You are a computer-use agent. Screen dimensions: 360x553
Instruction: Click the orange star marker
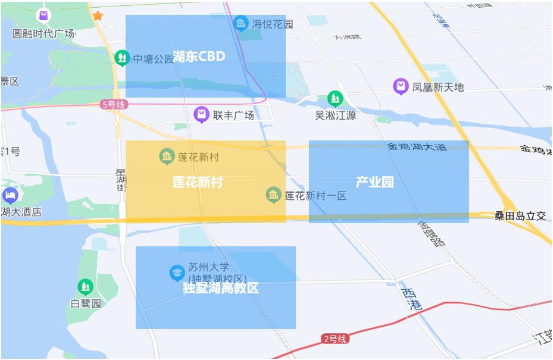click(x=97, y=16)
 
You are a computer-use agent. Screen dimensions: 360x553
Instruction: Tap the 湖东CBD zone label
click(x=199, y=57)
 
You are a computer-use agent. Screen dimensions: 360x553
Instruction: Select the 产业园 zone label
click(x=374, y=182)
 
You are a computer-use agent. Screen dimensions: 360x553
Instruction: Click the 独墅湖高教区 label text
click(x=221, y=289)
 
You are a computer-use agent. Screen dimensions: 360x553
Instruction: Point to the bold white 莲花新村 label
click(x=197, y=182)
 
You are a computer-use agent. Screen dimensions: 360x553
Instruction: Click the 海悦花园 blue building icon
click(x=240, y=24)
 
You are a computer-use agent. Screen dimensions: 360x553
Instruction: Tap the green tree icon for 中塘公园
click(x=122, y=58)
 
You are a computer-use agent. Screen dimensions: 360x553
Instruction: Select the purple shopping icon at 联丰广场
click(x=202, y=114)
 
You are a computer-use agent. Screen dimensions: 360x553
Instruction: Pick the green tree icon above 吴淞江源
click(x=336, y=98)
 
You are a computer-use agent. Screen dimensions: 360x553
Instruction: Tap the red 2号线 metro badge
click(x=335, y=339)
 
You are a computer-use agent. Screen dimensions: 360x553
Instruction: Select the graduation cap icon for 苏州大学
click(x=177, y=273)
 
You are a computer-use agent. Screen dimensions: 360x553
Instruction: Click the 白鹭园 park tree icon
click(x=86, y=287)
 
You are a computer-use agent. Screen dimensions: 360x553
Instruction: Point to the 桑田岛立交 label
click(x=520, y=216)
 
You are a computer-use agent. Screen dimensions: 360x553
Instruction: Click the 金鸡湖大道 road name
click(x=417, y=146)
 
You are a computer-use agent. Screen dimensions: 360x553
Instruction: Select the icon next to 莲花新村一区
click(x=273, y=195)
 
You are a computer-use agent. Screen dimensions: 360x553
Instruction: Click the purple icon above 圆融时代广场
click(x=43, y=16)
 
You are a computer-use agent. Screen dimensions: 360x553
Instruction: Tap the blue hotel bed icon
click(x=10, y=195)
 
